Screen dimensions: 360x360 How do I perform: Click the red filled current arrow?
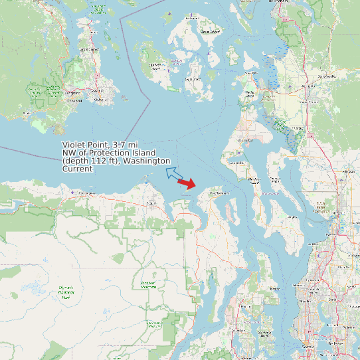tap(188, 184)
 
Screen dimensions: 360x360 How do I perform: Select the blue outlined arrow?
tap(174, 174)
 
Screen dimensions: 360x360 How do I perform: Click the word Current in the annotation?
tap(77, 169)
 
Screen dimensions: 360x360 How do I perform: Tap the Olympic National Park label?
tap(66, 292)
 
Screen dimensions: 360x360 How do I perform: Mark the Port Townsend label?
tap(219, 193)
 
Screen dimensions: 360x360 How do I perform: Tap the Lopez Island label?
tap(192, 78)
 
